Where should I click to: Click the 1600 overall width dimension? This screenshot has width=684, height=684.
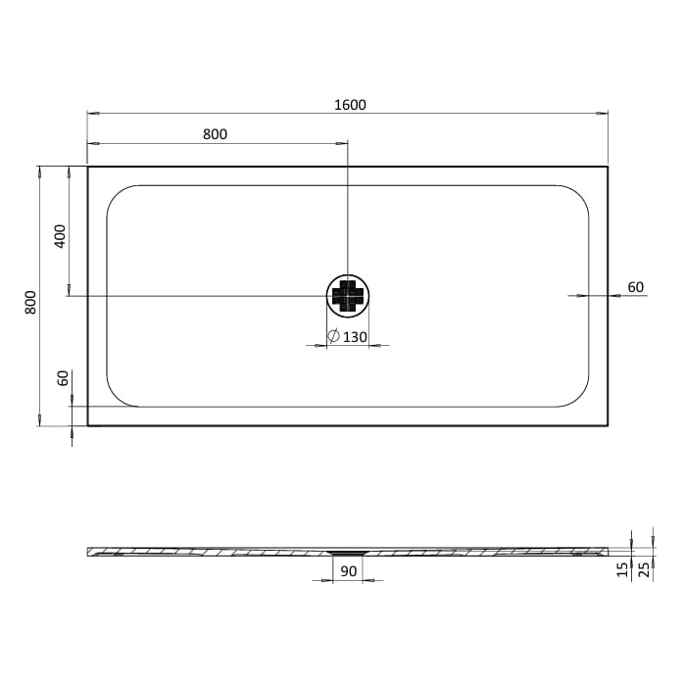[x=348, y=104]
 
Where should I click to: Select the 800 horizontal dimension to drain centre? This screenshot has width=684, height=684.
[x=215, y=134]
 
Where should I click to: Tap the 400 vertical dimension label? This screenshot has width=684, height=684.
[x=60, y=236]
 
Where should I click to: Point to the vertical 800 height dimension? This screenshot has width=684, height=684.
[x=30, y=302]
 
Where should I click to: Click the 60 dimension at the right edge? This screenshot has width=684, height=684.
[x=635, y=287]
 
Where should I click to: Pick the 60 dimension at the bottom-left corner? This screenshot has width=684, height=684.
[x=63, y=379]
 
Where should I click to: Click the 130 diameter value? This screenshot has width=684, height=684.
[x=355, y=337]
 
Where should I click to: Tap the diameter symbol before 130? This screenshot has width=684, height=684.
[x=333, y=337]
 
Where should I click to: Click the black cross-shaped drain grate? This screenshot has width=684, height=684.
[x=348, y=295]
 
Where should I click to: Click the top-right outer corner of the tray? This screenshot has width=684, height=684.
[x=607, y=166]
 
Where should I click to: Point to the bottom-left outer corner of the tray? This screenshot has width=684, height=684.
[x=88, y=425]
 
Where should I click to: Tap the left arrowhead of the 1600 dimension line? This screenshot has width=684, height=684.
[x=90, y=114]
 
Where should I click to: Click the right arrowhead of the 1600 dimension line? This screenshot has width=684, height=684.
[x=605, y=114]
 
